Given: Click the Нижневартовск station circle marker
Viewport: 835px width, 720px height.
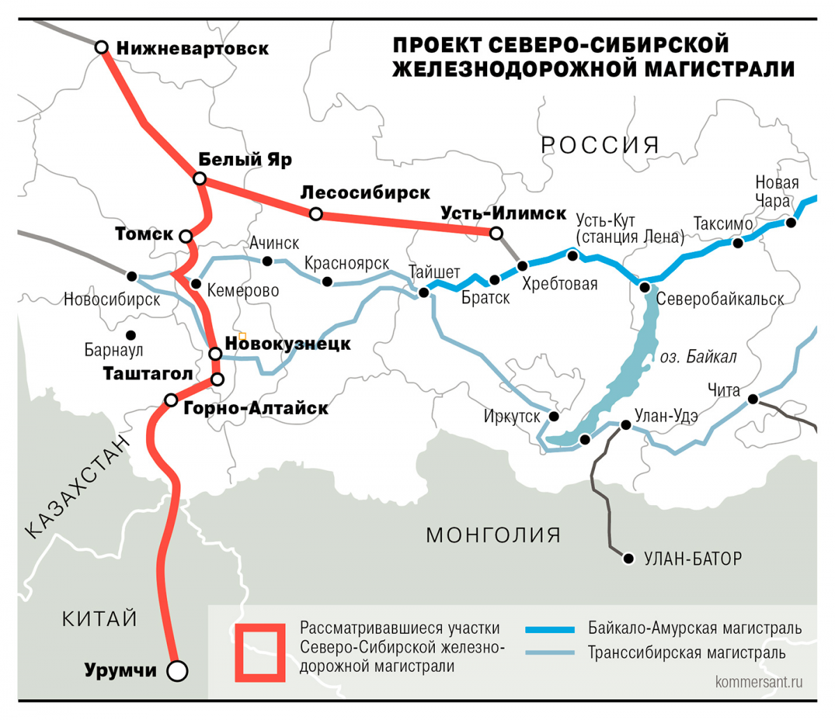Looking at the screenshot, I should pos(102,47).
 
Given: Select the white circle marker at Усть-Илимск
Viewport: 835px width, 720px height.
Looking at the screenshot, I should pos(496,233).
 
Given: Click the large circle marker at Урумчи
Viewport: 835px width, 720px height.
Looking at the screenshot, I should pos(178,671).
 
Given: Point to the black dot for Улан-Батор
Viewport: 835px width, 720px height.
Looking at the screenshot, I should pos(629,559).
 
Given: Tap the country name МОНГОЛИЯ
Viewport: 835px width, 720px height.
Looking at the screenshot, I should pos(493,535).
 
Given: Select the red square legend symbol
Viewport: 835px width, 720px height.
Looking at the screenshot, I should pos(260,652).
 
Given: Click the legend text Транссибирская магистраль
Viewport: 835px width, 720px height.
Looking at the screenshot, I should pos(687,653).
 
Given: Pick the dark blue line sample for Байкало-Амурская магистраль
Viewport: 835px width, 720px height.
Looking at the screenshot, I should pos(550,629).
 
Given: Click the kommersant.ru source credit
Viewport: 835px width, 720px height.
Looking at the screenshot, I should pos(758,682).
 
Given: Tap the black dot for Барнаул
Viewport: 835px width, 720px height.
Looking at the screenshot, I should pos(131,335).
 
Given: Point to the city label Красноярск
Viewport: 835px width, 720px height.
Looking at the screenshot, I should pos(347,264).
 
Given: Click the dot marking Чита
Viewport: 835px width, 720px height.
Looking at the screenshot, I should pos(752,399).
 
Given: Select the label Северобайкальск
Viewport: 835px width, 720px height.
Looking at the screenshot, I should pos(720,299).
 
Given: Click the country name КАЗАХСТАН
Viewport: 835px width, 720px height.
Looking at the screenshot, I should pos(77,487).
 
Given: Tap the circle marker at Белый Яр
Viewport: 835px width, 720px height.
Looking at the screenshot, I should pos(200,179).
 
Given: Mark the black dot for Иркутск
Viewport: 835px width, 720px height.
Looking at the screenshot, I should pos(554,416).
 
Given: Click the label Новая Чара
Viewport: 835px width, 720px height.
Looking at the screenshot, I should pos(777,192).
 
